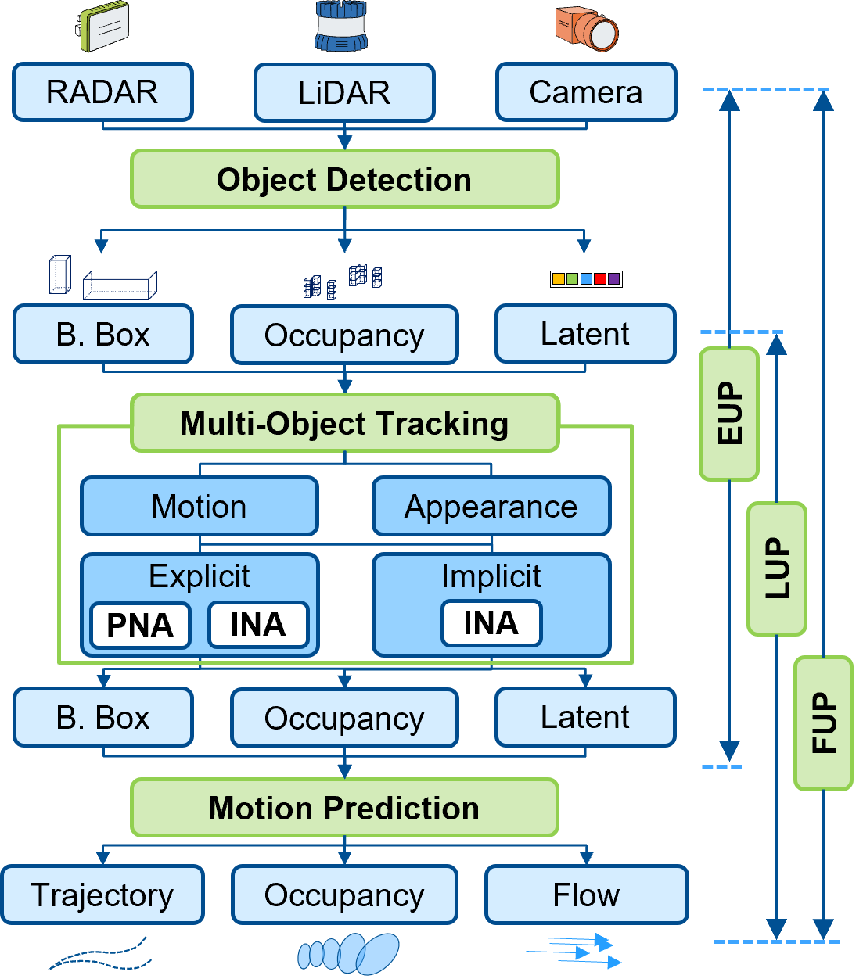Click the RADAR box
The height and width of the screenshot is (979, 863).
(102, 92)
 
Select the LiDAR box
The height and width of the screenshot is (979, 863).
(344, 93)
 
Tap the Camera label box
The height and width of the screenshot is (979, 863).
(586, 92)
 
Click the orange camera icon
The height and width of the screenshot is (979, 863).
(586, 29)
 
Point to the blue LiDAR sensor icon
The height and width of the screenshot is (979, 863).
(341, 26)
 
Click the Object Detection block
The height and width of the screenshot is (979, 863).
(344, 179)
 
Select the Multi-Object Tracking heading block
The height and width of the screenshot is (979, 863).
(344, 423)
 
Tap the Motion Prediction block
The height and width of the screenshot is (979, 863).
(344, 808)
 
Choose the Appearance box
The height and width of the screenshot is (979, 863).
(491, 507)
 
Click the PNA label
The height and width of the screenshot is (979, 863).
(140, 625)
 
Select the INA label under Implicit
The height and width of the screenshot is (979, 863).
(491, 623)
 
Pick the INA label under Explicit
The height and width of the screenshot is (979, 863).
(258, 625)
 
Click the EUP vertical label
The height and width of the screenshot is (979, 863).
(729, 414)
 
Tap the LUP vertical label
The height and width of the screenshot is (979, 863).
(777, 568)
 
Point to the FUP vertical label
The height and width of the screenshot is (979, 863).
(823, 723)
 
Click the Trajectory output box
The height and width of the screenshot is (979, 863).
(102, 895)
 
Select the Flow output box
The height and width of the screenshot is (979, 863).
(586, 895)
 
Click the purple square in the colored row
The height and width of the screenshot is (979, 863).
(613, 278)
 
